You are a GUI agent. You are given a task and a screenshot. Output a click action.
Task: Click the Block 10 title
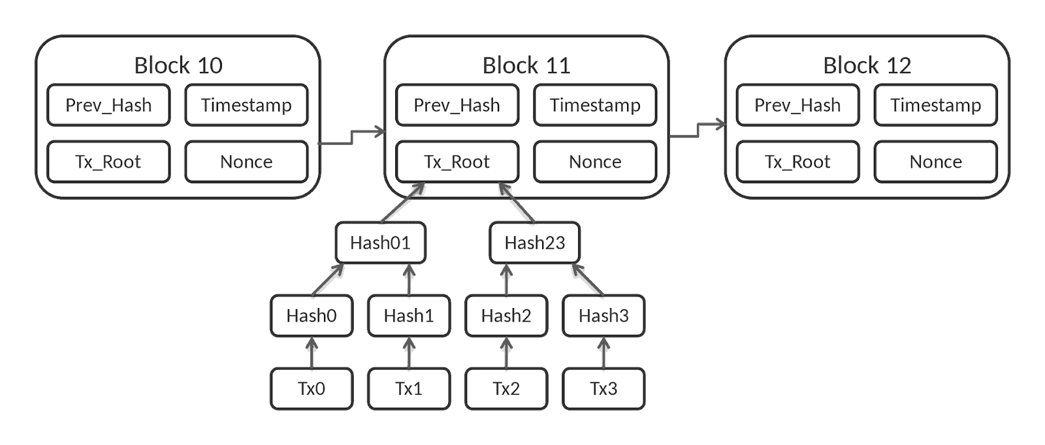point(178,65)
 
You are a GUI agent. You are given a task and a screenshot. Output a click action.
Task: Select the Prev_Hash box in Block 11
point(457,105)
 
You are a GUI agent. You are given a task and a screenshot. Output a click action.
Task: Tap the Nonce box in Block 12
point(936,162)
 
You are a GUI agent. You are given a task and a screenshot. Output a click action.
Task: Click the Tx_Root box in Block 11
point(457,162)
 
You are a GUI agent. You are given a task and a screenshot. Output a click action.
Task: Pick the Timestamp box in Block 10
point(246,105)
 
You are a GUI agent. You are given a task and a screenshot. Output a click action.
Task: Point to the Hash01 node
point(381,243)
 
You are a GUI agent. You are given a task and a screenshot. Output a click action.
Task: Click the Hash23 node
point(535,243)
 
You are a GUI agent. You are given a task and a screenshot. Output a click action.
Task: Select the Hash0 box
point(312,316)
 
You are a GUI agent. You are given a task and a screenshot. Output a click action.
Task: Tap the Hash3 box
point(603,316)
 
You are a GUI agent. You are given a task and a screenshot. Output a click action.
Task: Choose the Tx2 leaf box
point(506,389)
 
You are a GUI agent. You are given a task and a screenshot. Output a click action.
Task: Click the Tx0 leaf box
point(312,389)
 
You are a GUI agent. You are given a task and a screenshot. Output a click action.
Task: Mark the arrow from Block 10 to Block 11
point(352,138)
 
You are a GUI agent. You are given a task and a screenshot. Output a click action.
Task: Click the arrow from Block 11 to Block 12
point(698,130)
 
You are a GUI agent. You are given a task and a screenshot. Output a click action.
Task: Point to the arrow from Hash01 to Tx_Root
point(403,202)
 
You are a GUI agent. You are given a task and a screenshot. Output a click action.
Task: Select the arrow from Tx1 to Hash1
point(409,353)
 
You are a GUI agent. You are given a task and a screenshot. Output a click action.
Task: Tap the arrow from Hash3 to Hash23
point(588,279)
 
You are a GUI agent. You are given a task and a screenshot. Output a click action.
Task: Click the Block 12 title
point(867,65)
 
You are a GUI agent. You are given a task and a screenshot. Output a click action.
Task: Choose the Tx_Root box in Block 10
point(108,162)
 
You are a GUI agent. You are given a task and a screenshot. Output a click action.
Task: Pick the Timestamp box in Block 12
point(936,105)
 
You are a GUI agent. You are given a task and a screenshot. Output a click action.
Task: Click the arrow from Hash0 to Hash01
point(328,279)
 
